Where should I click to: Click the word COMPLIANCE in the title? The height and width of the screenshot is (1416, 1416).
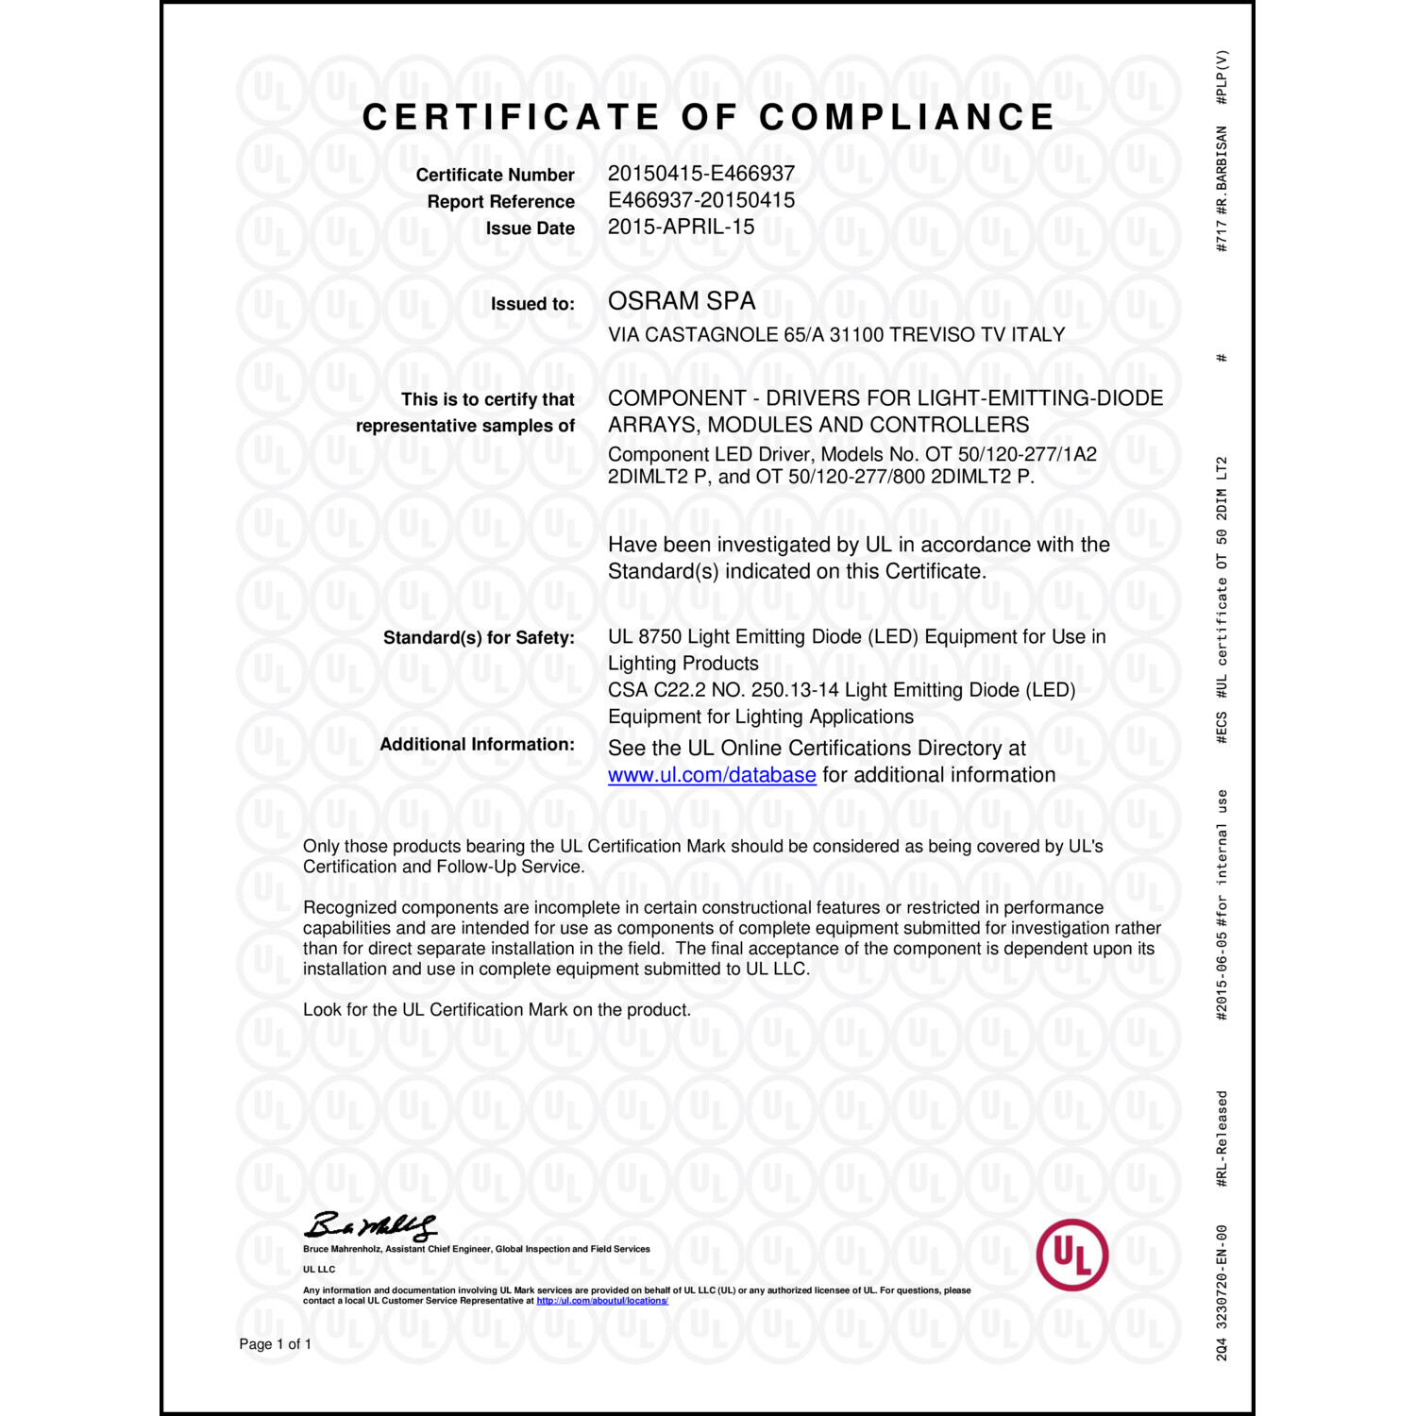click(906, 117)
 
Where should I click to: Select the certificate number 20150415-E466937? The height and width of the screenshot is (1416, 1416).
click(700, 174)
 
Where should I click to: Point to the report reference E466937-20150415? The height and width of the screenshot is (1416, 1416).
click(700, 200)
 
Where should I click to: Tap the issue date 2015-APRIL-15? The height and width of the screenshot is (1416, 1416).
click(681, 227)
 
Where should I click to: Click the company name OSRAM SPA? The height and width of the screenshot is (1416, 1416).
click(681, 301)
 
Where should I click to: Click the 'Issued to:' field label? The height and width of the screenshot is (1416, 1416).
click(531, 304)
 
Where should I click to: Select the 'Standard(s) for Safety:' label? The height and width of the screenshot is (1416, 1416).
click(478, 638)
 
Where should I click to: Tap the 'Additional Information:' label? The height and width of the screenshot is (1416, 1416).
click(477, 745)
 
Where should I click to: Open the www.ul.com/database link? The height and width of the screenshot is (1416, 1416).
click(711, 775)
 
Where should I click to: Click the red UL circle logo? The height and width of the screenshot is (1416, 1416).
click(1071, 1255)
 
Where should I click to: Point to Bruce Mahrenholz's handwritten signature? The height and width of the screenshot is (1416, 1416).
click(370, 1225)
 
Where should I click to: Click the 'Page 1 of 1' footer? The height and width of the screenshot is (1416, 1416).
click(275, 1344)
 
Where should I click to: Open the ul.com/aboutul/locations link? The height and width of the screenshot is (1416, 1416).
click(602, 1301)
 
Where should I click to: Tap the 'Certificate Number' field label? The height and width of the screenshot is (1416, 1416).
click(495, 176)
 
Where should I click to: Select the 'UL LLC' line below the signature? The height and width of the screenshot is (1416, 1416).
click(319, 1270)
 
